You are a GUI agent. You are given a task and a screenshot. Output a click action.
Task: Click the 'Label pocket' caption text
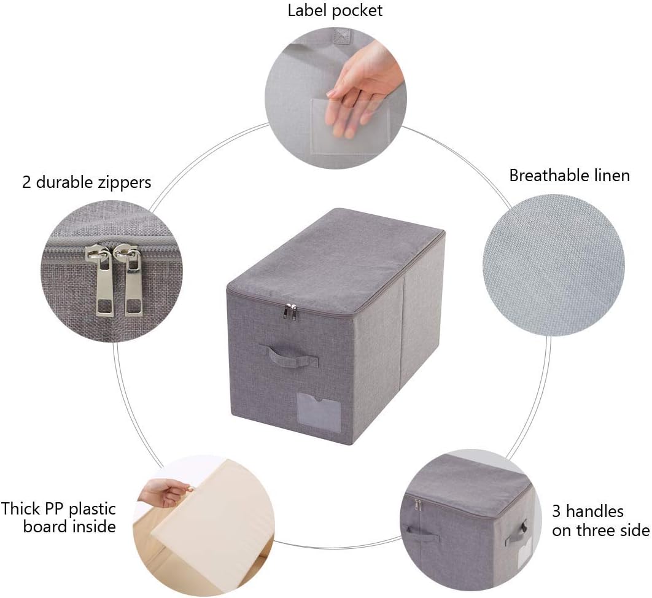click(x=335, y=10)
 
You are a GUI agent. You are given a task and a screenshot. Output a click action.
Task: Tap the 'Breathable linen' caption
click(x=569, y=176)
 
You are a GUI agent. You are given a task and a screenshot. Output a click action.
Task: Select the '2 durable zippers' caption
click(x=87, y=182)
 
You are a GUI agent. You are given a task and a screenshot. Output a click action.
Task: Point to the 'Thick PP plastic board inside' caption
click(x=58, y=518)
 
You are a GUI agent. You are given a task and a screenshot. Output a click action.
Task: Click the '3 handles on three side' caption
click(x=600, y=521)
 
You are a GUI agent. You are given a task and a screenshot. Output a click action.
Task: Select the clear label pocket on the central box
click(x=319, y=412)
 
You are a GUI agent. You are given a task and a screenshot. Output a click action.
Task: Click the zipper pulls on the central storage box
click(x=290, y=312)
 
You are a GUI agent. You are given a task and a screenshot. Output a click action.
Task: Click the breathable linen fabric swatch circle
click(x=553, y=265)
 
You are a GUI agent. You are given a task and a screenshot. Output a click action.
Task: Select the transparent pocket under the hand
click(x=349, y=126)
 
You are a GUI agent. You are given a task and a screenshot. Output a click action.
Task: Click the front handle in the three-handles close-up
click(x=421, y=532)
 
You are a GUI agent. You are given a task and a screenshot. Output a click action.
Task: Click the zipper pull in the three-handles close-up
click(x=419, y=506)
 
